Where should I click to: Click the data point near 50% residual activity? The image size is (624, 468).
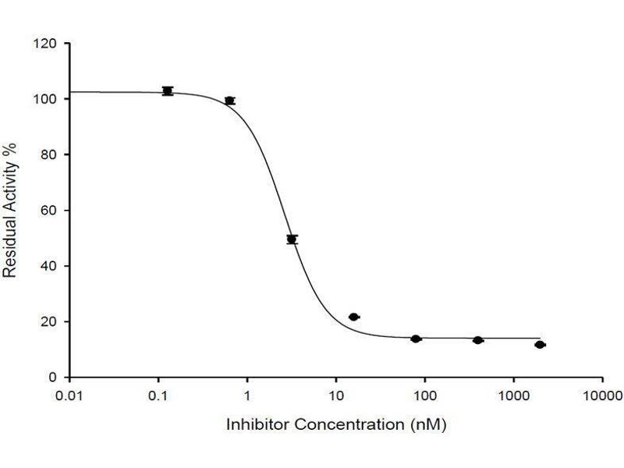292,239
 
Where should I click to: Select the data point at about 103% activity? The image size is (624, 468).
167,91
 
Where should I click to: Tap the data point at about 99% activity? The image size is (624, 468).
229,101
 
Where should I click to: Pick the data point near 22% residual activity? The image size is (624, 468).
353,317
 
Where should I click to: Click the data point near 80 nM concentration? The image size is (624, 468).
416,339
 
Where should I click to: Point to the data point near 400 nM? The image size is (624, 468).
478,340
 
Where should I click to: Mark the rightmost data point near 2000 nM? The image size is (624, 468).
540,344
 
